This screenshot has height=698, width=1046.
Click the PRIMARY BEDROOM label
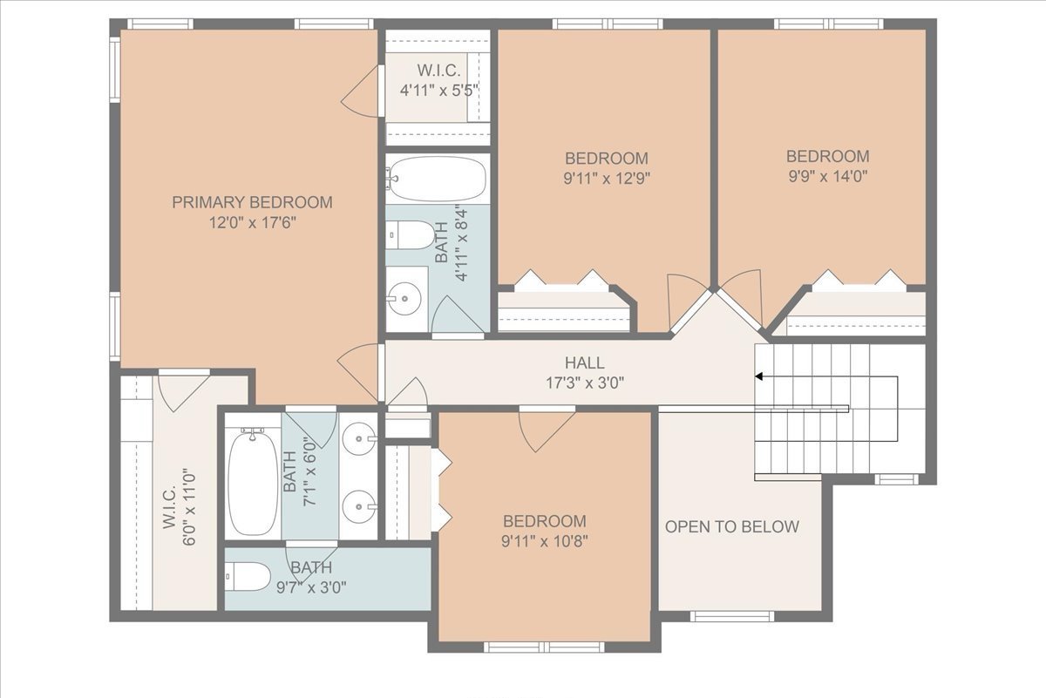coord(252,202)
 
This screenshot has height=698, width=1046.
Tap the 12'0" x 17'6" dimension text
coord(252,223)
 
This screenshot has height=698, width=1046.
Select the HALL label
coord(585,363)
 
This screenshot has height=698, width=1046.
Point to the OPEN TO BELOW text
coord(731,526)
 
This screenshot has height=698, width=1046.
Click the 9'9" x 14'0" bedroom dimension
coord(828,177)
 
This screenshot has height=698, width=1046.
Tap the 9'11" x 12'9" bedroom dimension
coord(607,179)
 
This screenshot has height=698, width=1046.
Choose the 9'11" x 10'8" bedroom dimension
coord(545,542)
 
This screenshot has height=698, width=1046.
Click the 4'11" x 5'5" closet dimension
coord(439,90)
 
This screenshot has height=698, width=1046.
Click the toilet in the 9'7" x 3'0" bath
coord(248,577)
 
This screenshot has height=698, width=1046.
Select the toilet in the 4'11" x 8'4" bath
coord(411,235)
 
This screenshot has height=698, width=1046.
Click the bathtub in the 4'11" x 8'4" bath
coord(437,179)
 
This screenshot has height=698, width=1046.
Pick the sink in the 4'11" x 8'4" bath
coord(404,298)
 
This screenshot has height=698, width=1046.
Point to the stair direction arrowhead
coord(759,376)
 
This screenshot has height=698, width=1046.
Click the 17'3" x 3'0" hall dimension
coord(585,383)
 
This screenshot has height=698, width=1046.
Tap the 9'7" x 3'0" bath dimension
coord(311,587)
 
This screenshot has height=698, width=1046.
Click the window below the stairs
coord(896,479)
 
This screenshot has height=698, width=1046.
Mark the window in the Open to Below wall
coord(731,616)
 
